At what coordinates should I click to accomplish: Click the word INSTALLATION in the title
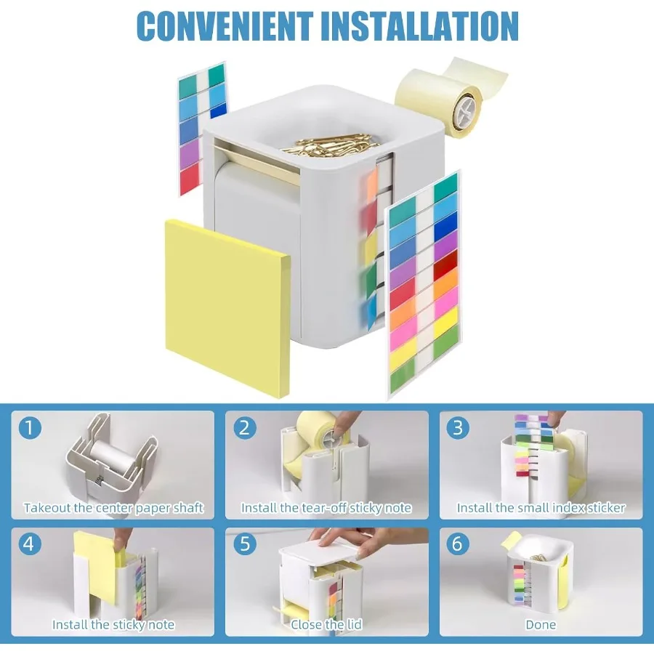[419, 25]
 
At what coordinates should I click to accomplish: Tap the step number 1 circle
[30, 428]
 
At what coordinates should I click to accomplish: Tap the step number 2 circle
[244, 428]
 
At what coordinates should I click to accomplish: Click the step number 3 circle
[458, 428]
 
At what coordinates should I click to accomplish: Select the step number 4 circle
[30, 544]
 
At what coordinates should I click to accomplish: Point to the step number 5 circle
[244, 544]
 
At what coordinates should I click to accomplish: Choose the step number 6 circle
[458, 544]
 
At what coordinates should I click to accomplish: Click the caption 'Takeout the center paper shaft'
[113, 508]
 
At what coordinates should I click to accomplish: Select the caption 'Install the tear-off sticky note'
[326, 508]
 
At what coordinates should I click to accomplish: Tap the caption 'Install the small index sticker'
[541, 508]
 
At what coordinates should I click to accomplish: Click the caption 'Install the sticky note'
[113, 624]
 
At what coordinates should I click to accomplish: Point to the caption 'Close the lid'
[326, 624]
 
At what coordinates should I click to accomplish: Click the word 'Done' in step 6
[541, 624]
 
